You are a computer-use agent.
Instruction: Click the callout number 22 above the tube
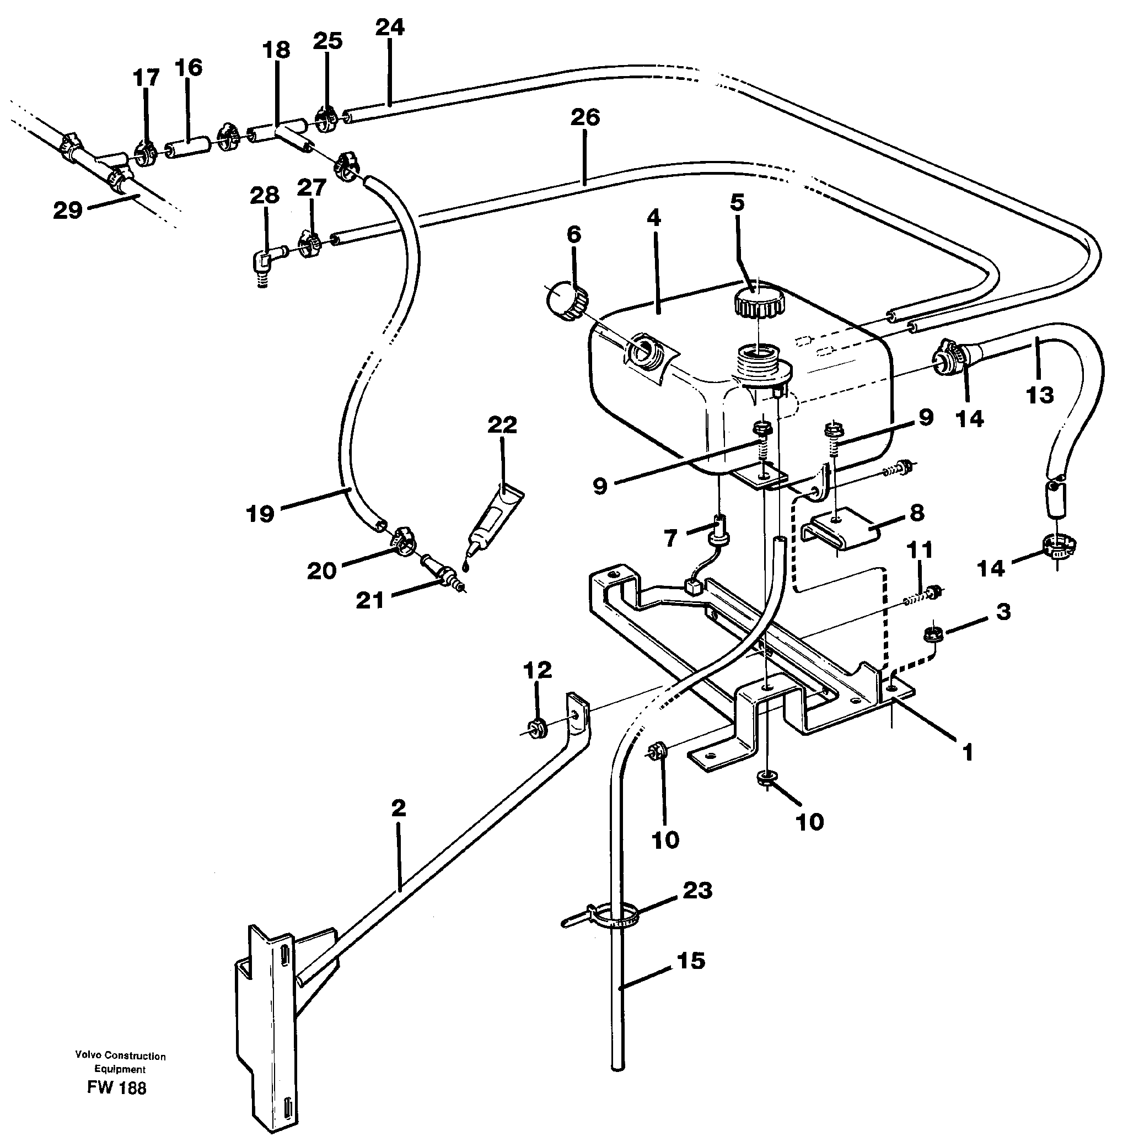click(x=502, y=425)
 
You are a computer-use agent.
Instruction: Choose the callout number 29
click(x=67, y=210)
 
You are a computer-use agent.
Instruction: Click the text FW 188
click(x=116, y=1088)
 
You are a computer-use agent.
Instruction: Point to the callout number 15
click(x=690, y=961)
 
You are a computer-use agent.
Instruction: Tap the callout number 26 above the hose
click(x=585, y=117)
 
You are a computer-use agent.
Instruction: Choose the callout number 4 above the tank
click(x=653, y=218)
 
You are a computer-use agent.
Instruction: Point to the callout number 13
click(x=1039, y=395)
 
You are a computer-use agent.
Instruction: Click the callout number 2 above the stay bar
click(x=399, y=808)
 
